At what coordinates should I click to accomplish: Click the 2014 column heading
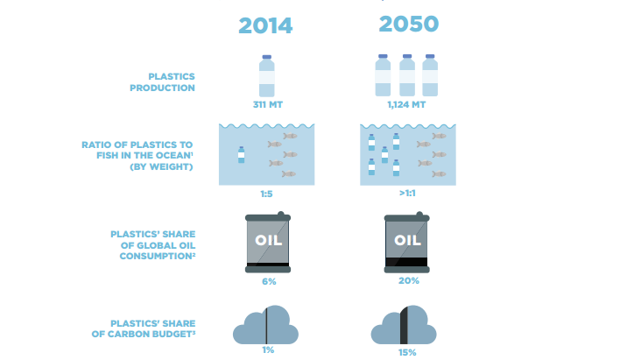pos(265,25)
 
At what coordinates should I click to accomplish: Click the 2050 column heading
pos(408,24)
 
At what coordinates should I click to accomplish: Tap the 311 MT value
pos(268,105)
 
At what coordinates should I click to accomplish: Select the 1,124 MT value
pos(406,105)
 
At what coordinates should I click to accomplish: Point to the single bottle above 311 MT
pos(267,76)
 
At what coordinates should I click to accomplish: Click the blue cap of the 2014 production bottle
pos(267,57)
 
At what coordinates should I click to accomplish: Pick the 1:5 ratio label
pos(266,194)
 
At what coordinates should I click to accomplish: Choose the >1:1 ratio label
pos(407,193)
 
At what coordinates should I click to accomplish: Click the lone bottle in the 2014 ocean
pos(241,155)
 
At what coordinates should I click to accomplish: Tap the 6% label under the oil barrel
pos(269,282)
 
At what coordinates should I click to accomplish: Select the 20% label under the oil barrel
pos(408,281)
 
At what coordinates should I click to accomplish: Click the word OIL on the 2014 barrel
pos(269,240)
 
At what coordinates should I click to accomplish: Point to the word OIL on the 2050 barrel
pos(407,240)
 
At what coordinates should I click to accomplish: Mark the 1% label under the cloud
pos(268,350)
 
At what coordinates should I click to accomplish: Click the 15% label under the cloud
pos(407,352)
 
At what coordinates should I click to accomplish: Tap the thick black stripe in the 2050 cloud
pos(404,325)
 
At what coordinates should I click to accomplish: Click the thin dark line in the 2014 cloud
pos(266,326)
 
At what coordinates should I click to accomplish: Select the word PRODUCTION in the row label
pos(163,88)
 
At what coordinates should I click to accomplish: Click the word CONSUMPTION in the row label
pos(158,257)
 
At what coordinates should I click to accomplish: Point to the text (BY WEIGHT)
pos(161,166)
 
